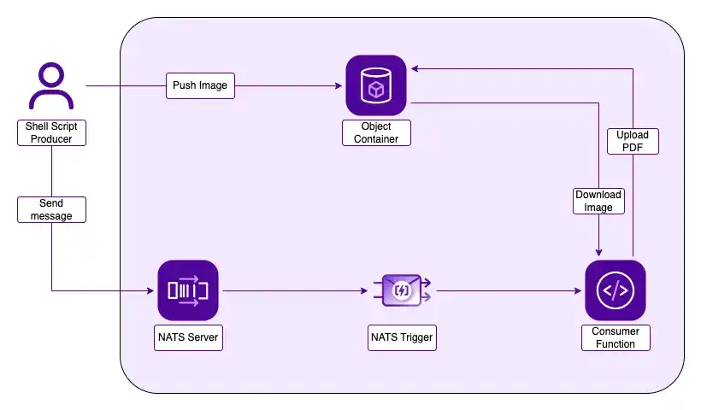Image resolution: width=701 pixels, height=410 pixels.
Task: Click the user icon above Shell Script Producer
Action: (x=51, y=86)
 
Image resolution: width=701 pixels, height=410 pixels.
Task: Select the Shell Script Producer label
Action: (x=51, y=132)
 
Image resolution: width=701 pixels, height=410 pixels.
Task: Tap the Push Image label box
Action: (x=200, y=85)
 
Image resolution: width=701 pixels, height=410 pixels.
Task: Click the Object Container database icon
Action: (x=376, y=85)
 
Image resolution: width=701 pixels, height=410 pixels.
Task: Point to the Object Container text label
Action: (x=376, y=132)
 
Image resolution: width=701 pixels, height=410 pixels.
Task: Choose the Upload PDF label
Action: (x=633, y=141)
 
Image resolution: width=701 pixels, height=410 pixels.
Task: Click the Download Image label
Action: (x=598, y=201)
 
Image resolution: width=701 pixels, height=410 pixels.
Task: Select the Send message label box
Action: (x=51, y=209)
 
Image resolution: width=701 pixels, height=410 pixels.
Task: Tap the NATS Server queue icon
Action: (x=188, y=290)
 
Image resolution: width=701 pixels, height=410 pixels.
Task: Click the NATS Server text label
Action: (x=188, y=337)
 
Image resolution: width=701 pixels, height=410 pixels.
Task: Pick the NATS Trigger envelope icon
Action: (x=402, y=290)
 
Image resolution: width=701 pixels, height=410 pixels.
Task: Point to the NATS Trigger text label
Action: (x=402, y=337)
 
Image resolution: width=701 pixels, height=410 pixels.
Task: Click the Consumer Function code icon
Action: (x=616, y=290)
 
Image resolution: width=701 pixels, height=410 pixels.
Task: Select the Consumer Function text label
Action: (x=616, y=337)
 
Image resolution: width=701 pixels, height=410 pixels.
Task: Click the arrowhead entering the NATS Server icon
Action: (x=150, y=290)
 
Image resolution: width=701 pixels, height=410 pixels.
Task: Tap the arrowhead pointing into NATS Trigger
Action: (x=364, y=290)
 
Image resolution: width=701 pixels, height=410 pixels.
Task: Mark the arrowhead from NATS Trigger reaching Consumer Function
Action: (x=578, y=290)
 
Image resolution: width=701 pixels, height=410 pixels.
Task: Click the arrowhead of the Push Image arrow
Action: (x=339, y=85)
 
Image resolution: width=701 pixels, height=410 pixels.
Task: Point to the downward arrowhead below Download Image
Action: (x=598, y=253)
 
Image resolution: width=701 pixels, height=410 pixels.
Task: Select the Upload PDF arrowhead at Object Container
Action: (x=415, y=69)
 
